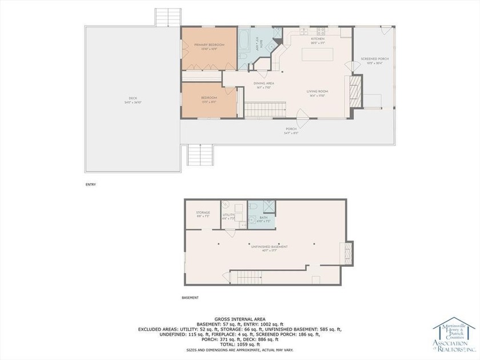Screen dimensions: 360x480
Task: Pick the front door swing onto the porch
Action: point(305,120)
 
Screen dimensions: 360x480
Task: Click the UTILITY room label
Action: point(229,216)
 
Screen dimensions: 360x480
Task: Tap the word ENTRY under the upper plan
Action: point(90,185)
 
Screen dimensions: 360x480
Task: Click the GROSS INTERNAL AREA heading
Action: point(238,318)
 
